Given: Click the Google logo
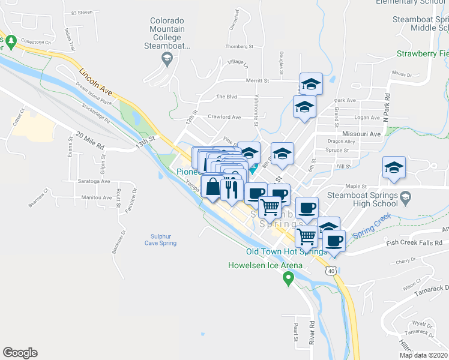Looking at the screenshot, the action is tap(20, 353).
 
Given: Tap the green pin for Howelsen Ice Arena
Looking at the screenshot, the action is tap(288, 277).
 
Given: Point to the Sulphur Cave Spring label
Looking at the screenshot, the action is tap(160, 239).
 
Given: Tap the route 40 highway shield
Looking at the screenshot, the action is tap(331, 271).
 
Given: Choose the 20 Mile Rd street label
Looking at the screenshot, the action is tap(90, 140).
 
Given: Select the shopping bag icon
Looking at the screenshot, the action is tap(213, 188).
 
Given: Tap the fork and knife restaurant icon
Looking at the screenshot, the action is tap(231, 190).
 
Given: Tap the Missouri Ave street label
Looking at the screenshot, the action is tap(362, 134).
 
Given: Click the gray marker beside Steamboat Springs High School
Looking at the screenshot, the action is tap(405, 197).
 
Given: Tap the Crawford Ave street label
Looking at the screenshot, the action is tap(224, 117).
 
